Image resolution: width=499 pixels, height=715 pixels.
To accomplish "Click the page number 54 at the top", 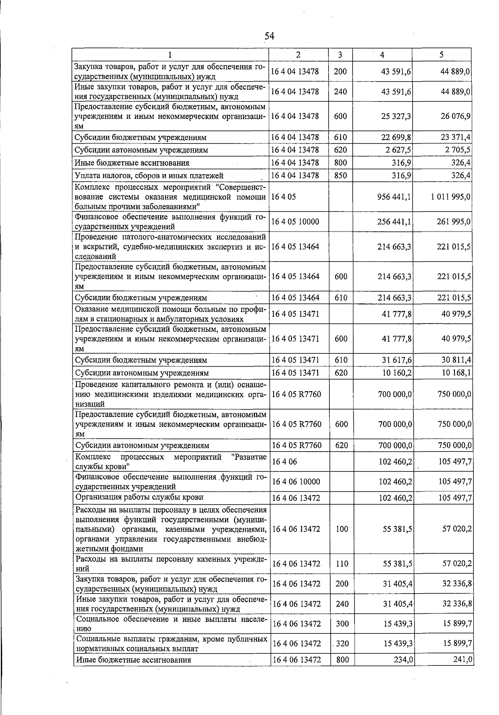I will click(269, 36).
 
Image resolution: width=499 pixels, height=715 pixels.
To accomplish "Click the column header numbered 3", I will click(340, 55).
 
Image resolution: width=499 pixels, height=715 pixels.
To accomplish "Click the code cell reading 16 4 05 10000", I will click(295, 222).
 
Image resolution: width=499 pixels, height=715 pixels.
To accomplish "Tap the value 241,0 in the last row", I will click(462, 660).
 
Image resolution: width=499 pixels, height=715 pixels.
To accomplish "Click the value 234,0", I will click(402, 660).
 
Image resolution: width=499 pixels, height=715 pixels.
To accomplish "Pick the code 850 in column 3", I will click(340, 175).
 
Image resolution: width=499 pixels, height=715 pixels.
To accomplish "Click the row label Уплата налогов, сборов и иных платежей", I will click(149, 175).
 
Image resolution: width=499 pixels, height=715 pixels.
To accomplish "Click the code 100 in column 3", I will click(342, 529).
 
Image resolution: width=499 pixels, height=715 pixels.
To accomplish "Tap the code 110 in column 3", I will click(342, 564).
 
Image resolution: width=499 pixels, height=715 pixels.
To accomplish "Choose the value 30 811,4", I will click(456, 360).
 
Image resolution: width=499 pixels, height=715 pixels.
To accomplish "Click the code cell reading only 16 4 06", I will click(284, 461).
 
